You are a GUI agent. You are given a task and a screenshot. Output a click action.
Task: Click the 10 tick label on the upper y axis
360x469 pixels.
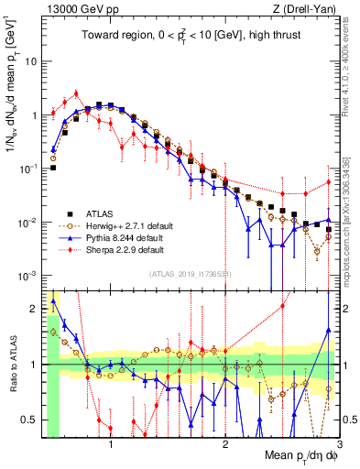pyautogui.click(x=31, y=61)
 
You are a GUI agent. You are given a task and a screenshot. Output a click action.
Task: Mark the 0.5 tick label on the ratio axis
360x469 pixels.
pyautogui.click(x=28, y=420)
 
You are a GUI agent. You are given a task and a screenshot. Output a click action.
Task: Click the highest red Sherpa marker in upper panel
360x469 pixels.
pyautogui.click(x=76, y=93)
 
